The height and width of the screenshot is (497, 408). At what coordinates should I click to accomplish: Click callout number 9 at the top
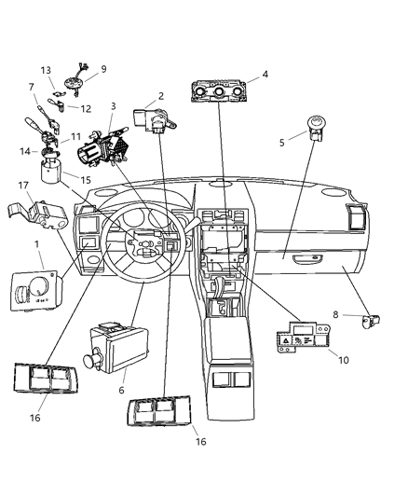[103, 69]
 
